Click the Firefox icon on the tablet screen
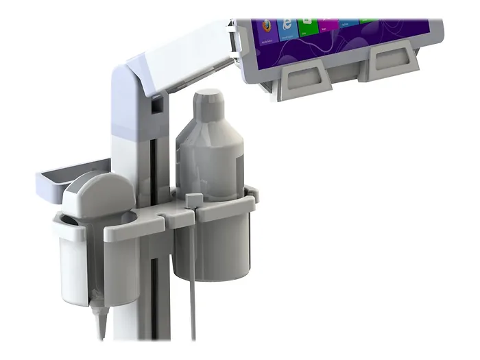point(265,26)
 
